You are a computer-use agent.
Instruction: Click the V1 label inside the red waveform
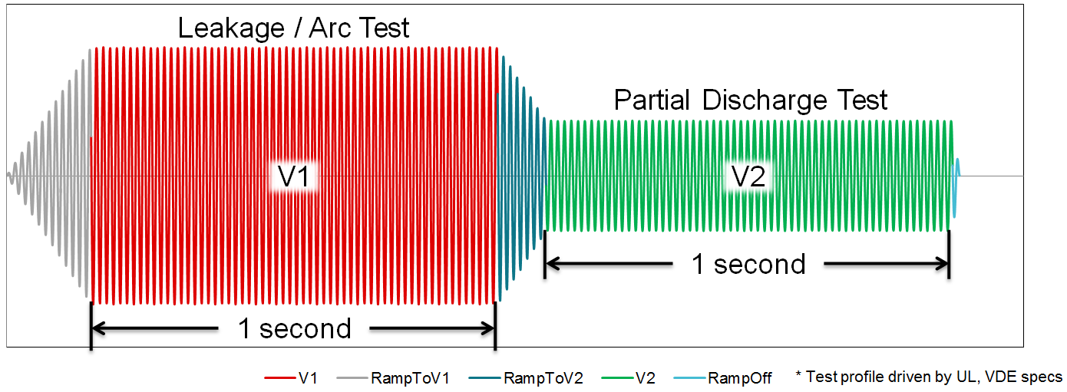click(293, 177)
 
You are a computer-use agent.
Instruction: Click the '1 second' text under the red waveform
click(294, 328)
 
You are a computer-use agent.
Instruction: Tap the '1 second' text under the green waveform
click(748, 264)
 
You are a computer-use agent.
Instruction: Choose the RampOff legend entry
click(739, 377)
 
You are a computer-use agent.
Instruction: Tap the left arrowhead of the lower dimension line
click(98, 328)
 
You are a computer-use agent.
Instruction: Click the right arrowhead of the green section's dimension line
click(943, 264)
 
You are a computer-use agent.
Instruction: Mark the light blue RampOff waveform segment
click(955, 176)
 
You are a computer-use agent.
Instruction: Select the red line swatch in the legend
click(278, 377)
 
